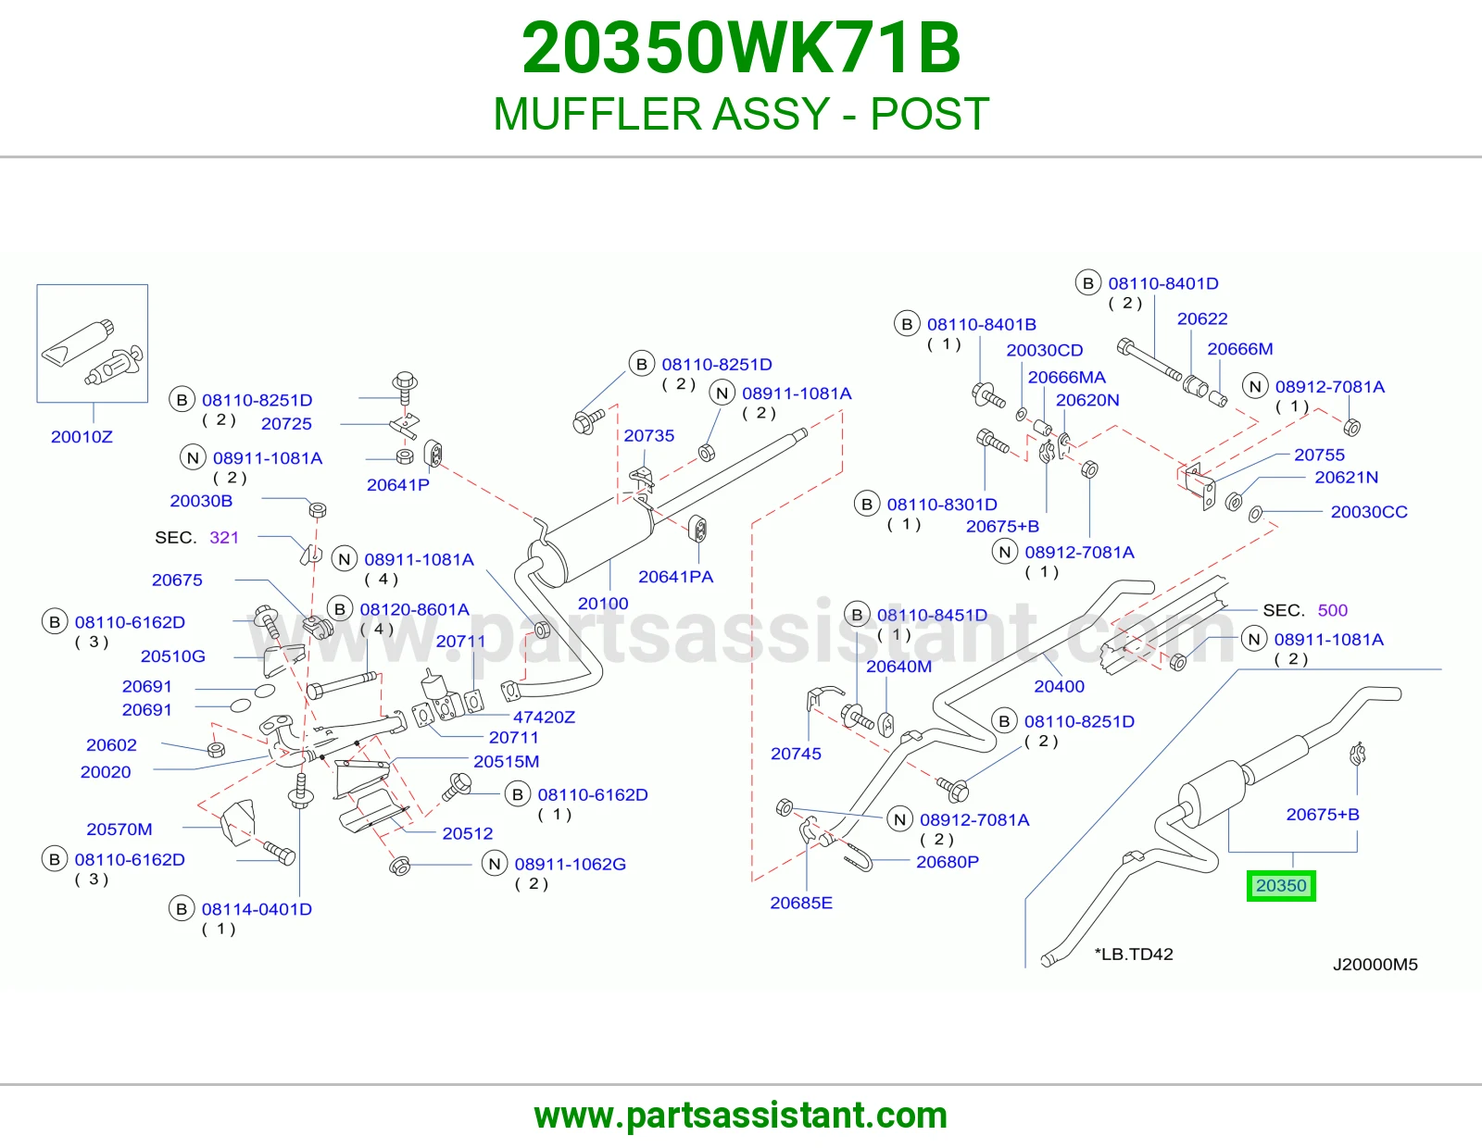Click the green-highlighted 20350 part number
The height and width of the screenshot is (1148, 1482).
click(x=1281, y=886)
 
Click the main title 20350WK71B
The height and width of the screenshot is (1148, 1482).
click(x=741, y=48)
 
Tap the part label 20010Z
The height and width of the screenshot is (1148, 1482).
click(x=82, y=437)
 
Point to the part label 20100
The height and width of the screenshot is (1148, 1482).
click(x=603, y=604)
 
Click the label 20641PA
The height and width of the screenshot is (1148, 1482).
click(x=675, y=577)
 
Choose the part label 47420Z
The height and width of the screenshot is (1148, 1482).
click(x=544, y=717)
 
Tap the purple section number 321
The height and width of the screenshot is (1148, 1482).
click(x=224, y=538)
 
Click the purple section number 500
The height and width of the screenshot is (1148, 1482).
click(x=1333, y=610)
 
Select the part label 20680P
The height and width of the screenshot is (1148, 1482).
click(x=948, y=862)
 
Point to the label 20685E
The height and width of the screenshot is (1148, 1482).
click(x=801, y=903)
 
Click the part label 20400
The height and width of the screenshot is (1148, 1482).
click(x=1059, y=686)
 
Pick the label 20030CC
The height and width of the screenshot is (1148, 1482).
click(x=1369, y=512)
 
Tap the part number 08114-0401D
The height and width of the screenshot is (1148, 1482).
click(x=257, y=909)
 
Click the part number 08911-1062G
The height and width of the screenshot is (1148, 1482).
click(x=571, y=864)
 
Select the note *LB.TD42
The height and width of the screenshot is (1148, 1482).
click(x=1134, y=954)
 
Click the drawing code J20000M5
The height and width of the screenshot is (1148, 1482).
click(x=1375, y=965)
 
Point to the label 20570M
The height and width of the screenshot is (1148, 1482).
click(x=119, y=829)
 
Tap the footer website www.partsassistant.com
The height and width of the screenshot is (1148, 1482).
click(x=741, y=1116)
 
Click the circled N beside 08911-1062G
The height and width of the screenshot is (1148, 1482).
click(x=496, y=864)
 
